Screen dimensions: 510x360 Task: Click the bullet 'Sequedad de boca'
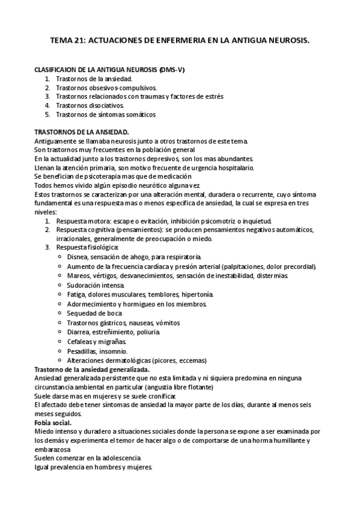click(94, 313)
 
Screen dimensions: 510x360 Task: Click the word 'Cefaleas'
click(81, 342)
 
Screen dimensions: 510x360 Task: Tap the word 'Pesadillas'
click(83, 351)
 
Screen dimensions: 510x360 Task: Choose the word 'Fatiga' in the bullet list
click(77, 295)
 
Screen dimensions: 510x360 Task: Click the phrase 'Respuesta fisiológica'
click(87, 247)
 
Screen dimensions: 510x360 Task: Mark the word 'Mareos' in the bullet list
click(79, 275)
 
